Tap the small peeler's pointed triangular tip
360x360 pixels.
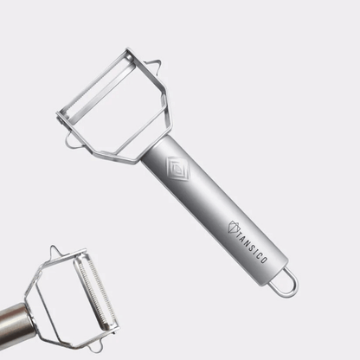[55, 251]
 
